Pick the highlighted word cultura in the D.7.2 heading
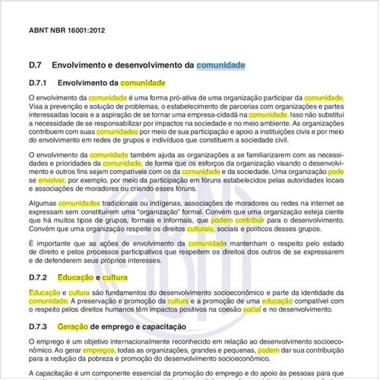point(116,279)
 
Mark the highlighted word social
point(252,310)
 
